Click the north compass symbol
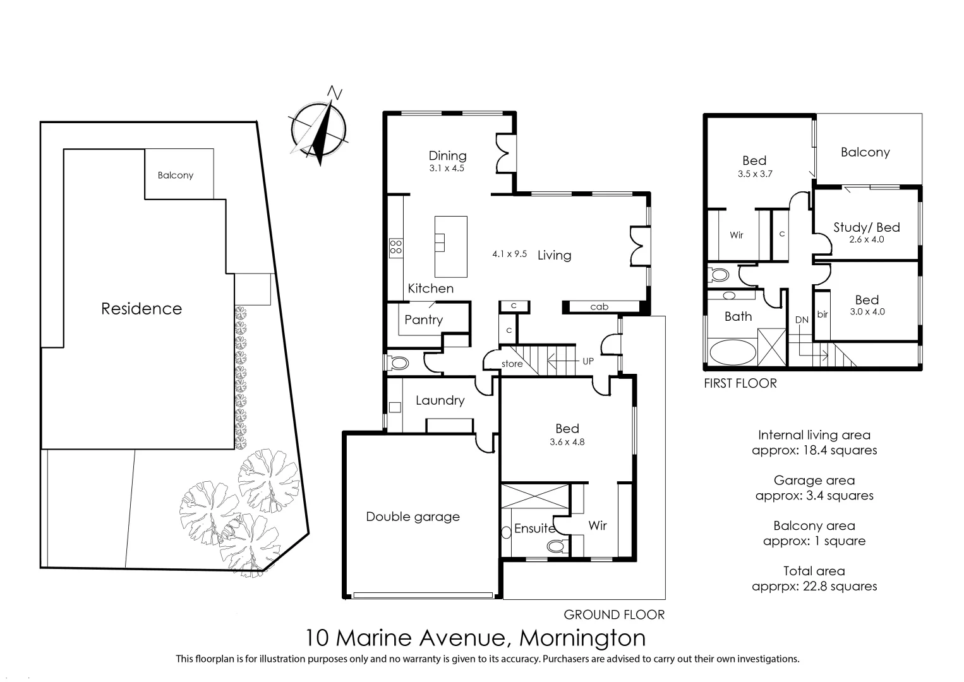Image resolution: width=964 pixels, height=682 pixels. coord(318,129)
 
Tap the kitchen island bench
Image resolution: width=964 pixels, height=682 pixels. coord(450,246)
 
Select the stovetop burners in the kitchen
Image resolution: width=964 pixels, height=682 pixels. coord(396,247)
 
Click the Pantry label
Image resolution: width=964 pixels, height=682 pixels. coord(423,320)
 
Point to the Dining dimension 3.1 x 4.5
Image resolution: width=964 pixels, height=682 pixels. coord(447,169)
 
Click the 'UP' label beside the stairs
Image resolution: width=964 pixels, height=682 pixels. coord(587,361)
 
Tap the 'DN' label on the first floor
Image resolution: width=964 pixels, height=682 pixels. coord(802,320)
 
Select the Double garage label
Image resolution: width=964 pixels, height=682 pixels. coord(413,517)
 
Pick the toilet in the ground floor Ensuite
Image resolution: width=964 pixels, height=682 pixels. coord(556,546)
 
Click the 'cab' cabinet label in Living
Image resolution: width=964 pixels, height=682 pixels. coord(599,307)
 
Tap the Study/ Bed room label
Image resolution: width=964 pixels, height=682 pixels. coord(866,227)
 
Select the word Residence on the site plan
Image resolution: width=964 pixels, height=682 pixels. coord(142,308)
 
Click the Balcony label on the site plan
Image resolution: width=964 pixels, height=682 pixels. coord(176,175)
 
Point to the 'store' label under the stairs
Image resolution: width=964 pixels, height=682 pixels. coord(512,364)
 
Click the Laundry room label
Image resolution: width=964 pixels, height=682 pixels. coord(440,400)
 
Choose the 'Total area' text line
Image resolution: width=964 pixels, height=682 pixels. coord(814,571)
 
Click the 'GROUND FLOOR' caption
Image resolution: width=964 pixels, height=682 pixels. coord(614,614)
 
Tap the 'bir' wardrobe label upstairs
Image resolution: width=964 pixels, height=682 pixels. coord(822,314)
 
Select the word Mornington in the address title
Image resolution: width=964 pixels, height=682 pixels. coord(582,638)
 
